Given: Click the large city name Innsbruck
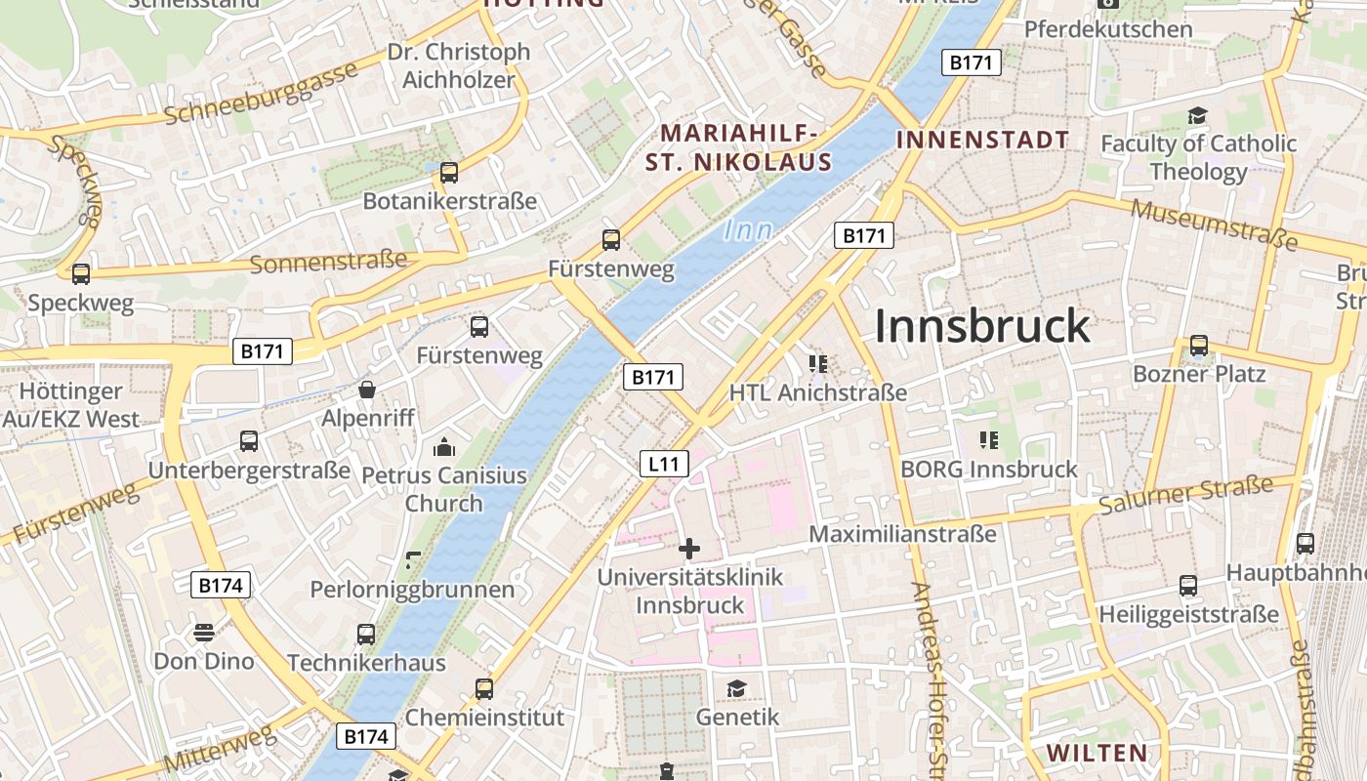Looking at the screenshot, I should coord(981,326).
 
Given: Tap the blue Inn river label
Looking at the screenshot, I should coord(749,231).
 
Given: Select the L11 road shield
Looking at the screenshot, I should coord(664,464).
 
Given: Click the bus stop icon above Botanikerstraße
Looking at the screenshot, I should coord(449,173).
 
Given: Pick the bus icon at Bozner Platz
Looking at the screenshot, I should coord(1198,346).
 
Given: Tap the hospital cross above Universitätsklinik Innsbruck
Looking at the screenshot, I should coord(689,549).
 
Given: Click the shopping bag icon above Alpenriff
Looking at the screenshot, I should coord(367,390).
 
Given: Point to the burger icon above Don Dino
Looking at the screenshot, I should coord(203,633).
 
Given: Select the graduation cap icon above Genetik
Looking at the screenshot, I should coord(736,689).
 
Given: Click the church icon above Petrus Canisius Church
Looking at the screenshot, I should coord(444,448).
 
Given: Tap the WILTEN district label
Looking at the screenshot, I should coord(1098,753).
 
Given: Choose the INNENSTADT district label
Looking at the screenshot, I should coord(982,140).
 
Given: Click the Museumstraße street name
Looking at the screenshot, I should coord(1214,224).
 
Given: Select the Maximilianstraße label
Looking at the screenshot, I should coord(902,534).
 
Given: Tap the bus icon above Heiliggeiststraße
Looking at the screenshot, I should coord(1187,586).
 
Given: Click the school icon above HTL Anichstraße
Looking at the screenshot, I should coord(818,364).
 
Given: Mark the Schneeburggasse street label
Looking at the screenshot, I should coord(261,96).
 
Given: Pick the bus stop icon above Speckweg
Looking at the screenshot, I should coord(81,274).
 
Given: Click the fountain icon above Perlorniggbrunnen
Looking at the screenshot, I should coord(413,561).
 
